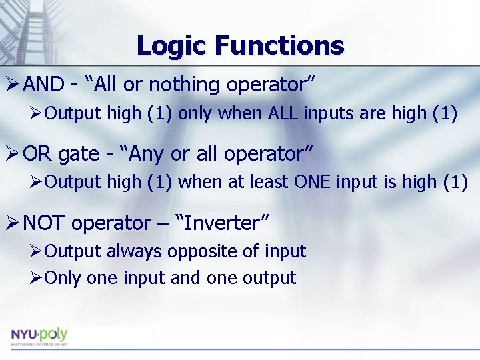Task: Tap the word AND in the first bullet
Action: click(43, 85)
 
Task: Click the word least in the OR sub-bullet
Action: click(267, 182)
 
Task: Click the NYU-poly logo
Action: click(39, 335)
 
